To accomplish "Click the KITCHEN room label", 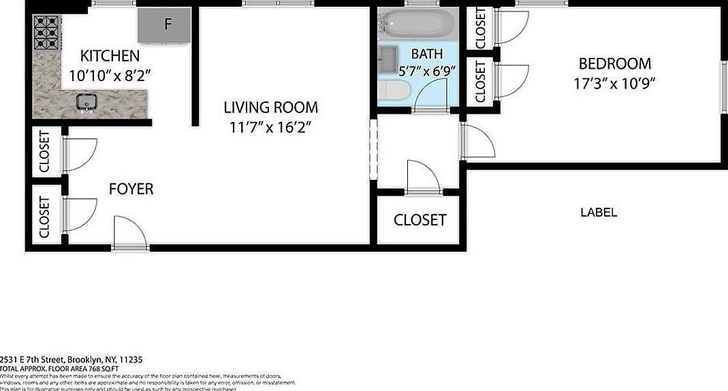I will [x=110, y=56].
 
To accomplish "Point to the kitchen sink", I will [x=86, y=103].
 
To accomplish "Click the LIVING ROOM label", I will [x=270, y=107].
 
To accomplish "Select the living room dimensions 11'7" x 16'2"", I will [x=270, y=127].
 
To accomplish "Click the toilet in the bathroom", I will [x=394, y=90].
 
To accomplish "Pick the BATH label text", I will [x=426, y=54].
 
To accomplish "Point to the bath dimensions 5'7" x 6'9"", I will [x=426, y=70].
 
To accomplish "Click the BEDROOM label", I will [x=614, y=64].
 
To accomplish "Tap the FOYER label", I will [x=131, y=189].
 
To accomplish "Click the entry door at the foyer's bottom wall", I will [x=129, y=235].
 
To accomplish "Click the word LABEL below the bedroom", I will [x=598, y=213].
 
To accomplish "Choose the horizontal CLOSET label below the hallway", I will [x=420, y=220].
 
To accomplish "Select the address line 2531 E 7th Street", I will [x=71, y=359].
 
